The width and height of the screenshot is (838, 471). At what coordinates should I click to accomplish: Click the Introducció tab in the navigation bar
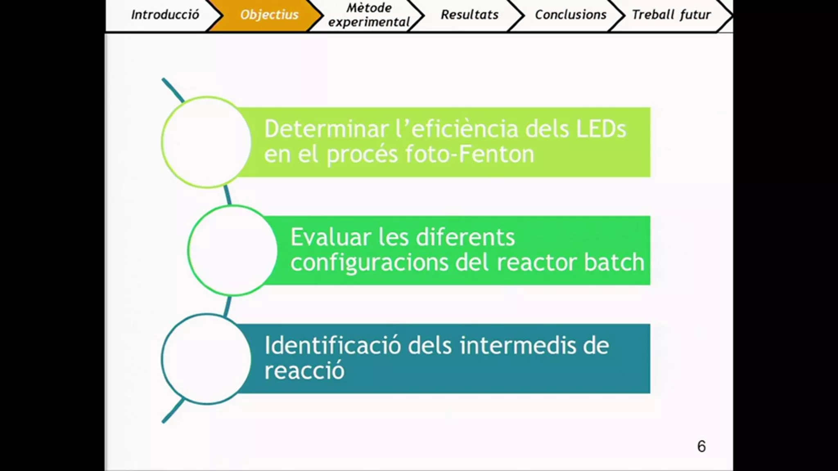tap(165, 15)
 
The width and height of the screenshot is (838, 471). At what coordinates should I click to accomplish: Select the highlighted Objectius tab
tap(269, 15)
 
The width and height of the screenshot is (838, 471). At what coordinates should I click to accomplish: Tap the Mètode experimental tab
tap(369, 15)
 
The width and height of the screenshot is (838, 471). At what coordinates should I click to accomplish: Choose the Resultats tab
tap(469, 15)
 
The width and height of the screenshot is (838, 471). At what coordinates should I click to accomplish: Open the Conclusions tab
tap(570, 15)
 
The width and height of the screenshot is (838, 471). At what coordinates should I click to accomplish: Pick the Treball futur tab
tap(671, 15)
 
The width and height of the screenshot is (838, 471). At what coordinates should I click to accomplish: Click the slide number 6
tap(701, 446)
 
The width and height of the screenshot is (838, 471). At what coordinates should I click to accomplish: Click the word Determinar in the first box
tap(327, 129)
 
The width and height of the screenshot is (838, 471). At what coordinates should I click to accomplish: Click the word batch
tap(614, 262)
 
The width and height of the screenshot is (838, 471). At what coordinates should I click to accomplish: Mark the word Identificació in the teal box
tap(333, 345)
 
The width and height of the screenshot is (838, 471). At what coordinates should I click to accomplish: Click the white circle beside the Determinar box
tap(207, 142)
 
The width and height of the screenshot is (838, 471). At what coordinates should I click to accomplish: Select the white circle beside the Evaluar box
tap(233, 250)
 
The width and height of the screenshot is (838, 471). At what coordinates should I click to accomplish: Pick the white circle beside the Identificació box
tap(207, 359)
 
